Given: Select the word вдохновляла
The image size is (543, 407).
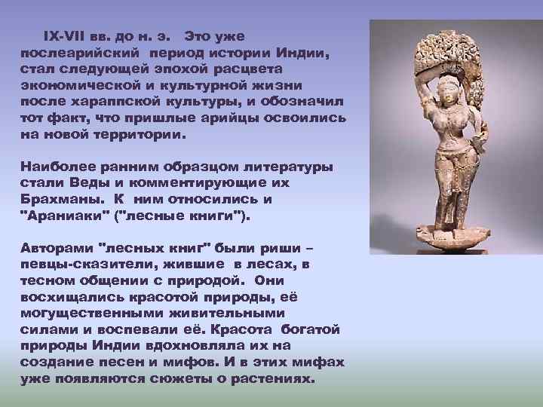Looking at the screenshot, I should [172, 345].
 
